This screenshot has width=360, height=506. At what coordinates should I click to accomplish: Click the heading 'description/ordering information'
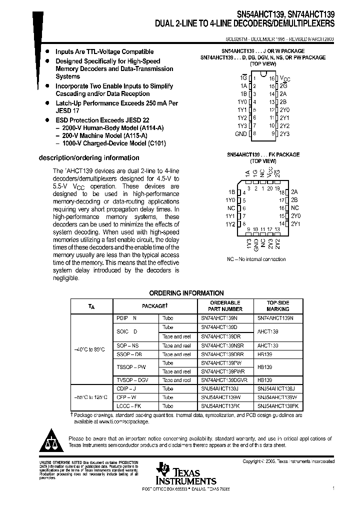[x=89, y=158]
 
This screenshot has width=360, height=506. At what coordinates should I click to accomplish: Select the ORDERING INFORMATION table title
[x=186, y=293]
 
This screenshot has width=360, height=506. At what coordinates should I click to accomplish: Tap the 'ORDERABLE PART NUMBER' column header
[x=224, y=306]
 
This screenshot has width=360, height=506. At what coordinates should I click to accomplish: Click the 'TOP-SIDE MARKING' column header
[x=277, y=306]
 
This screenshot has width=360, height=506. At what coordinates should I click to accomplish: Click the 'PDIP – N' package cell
[x=126, y=318]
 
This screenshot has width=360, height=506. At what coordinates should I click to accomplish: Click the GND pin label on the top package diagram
[x=240, y=134]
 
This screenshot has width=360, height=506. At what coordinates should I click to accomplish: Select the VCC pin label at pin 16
[x=284, y=78]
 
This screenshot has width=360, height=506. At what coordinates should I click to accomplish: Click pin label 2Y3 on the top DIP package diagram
[x=284, y=134]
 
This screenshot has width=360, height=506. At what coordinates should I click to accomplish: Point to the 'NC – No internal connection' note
[x=256, y=259]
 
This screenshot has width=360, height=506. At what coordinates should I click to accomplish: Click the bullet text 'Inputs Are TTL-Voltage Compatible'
[x=104, y=51]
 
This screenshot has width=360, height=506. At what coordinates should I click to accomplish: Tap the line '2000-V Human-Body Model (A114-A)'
[x=113, y=128]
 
